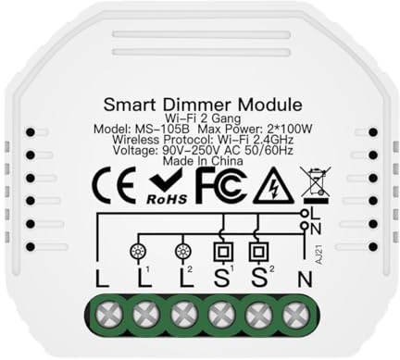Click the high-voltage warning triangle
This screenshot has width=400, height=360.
coord(273,187)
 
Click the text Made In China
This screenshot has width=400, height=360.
coord(201,159)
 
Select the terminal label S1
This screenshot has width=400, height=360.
coord(219,276)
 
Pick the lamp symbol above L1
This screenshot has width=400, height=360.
coord(140,250)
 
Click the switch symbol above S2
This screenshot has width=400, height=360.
coord(256,251)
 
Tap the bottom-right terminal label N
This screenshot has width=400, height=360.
coord(296,277)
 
